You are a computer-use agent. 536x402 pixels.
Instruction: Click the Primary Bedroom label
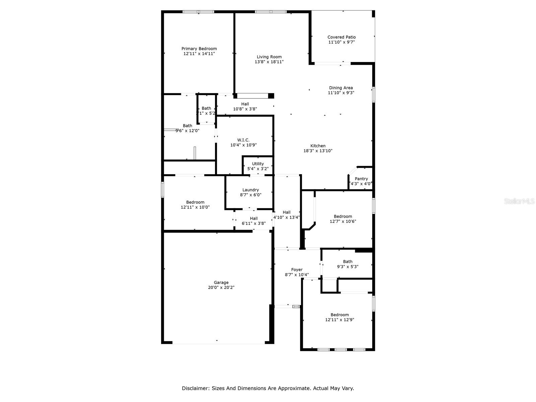(x=199, y=49)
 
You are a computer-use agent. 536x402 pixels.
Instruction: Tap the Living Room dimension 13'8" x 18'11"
(x=269, y=62)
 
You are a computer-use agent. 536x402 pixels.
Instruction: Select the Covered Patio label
(x=341, y=37)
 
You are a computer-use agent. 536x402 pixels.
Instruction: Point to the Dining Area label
(x=341, y=88)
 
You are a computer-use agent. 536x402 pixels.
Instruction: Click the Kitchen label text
(x=318, y=146)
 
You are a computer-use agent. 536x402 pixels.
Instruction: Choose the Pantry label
(x=361, y=179)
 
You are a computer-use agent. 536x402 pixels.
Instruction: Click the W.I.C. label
(x=243, y=140)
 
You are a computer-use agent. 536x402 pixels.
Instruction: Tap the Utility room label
(x=258, y=164)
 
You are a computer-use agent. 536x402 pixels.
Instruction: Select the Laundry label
(x=251, y=190)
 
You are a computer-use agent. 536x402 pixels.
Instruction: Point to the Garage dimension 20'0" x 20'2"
(x=221, y=287)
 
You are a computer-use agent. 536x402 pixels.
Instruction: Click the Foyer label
(x=297, y=270)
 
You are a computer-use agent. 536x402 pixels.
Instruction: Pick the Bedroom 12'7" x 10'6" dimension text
(x=343, y=221)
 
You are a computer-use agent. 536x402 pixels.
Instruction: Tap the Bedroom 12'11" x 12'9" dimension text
(x=339, y=320)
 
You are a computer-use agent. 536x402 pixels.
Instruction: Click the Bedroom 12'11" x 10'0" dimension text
(x=195, y=207)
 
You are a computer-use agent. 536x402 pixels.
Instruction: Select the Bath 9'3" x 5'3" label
(x=348, y=262)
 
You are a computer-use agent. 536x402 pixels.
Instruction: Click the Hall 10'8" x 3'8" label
(x=245, y=104)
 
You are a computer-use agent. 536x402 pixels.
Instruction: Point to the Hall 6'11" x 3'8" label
(x=254, y=218)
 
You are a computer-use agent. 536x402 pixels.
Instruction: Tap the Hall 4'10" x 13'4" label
(x=286, y=212)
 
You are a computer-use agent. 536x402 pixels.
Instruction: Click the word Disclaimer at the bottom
(x=196, y=388)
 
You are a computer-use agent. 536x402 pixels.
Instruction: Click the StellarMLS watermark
(x=520, y=201)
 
